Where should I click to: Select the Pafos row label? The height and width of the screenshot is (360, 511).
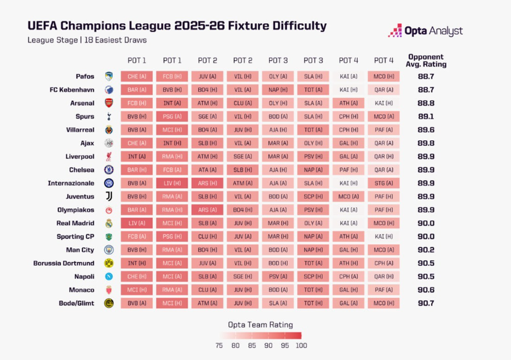click(85, 76)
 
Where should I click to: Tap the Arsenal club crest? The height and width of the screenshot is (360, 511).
click(108, 103)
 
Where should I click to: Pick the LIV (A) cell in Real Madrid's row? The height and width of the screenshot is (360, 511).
click(136, 223)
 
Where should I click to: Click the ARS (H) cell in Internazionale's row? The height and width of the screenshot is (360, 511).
click(207, 183)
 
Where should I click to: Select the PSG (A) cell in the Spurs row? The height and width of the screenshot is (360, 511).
click(172, 116)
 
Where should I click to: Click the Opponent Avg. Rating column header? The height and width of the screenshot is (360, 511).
click(426, 61)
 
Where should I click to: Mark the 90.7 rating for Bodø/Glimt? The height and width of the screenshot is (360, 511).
click(426, 303)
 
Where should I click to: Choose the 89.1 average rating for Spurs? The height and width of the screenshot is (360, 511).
click(426, 116)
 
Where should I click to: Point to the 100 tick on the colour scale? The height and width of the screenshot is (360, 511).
click(301, 345)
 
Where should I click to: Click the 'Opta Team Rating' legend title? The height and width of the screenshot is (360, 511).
click(260, 325)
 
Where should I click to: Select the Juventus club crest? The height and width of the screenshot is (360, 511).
click(108, 196)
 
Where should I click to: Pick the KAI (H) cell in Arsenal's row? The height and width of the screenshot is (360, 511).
click(384, 103)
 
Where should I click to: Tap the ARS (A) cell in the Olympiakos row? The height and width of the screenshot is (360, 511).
click(207, 210)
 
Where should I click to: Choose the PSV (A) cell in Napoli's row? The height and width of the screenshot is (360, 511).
click(278, 277)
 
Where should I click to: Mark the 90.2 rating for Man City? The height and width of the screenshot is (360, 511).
click(426, 250)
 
